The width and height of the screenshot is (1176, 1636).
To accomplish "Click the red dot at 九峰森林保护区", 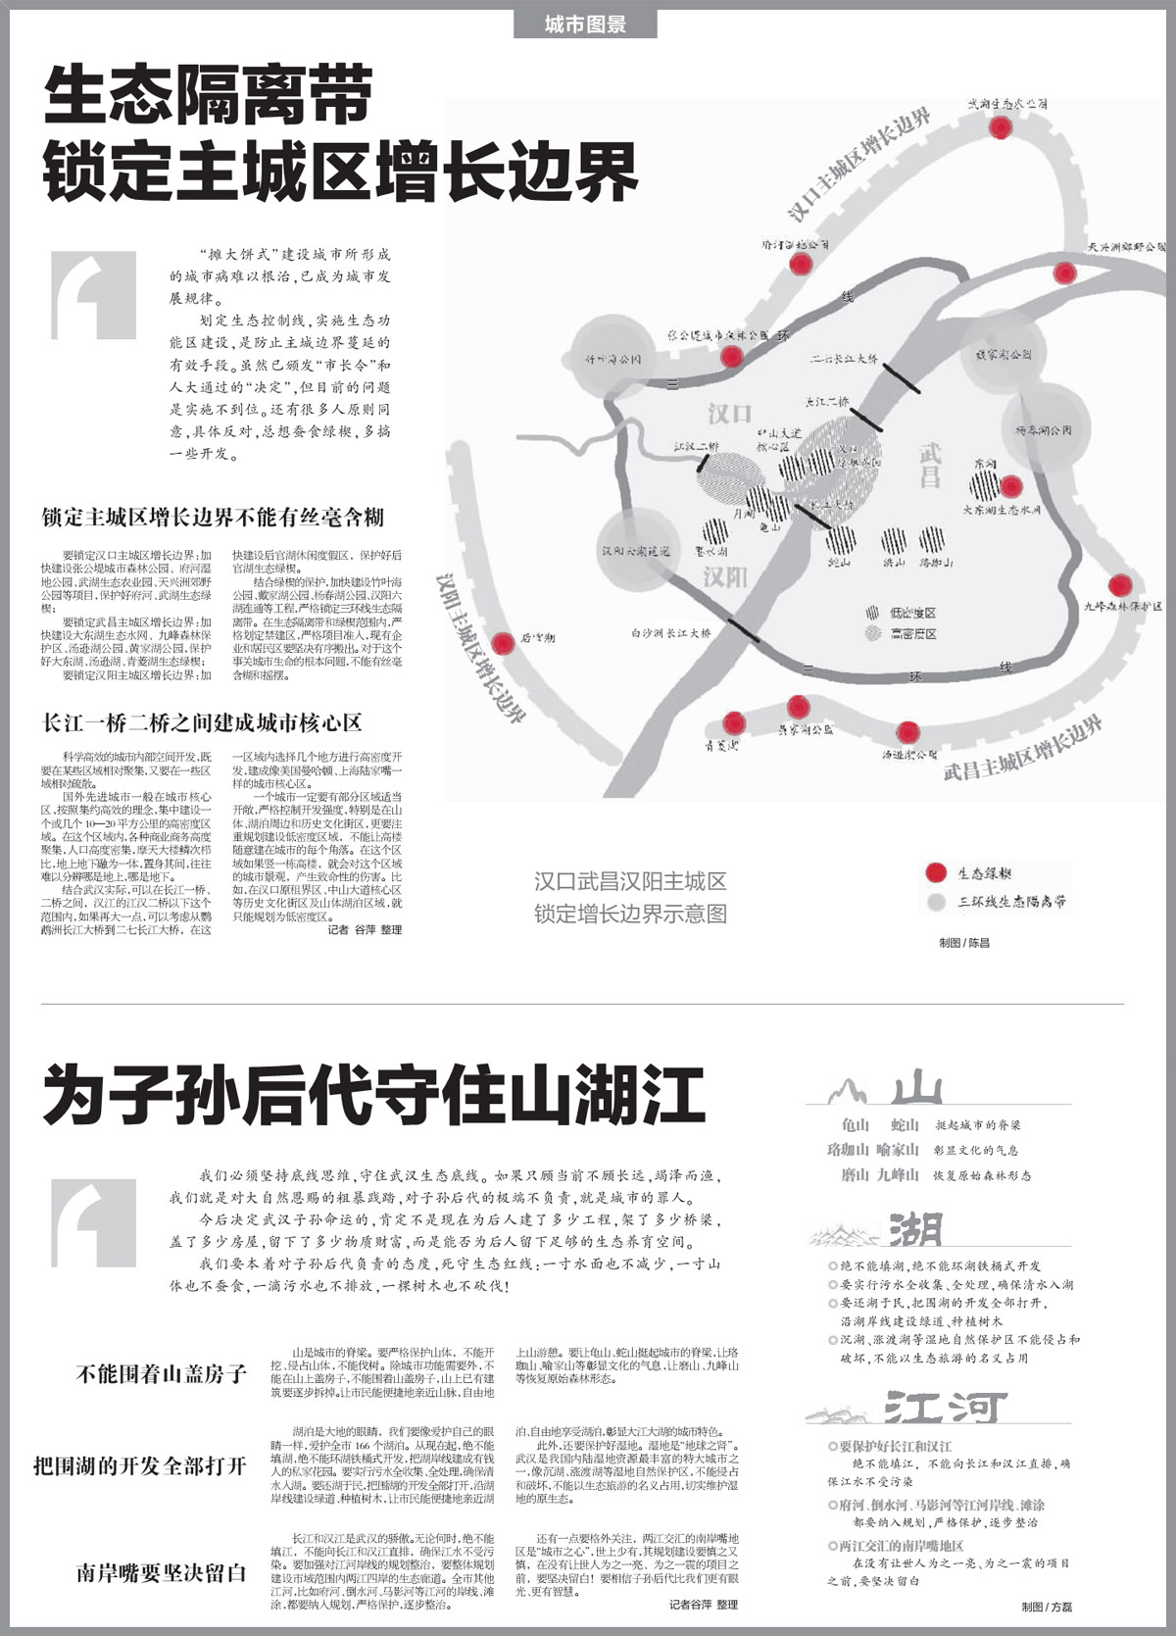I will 1119,585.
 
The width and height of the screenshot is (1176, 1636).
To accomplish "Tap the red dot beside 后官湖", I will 503,644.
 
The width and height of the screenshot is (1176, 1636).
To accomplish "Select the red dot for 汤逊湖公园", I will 908,731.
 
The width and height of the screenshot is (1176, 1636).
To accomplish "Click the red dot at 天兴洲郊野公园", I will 1064,272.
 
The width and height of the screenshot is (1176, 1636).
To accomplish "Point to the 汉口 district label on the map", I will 729,413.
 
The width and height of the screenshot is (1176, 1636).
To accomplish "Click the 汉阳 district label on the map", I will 724,576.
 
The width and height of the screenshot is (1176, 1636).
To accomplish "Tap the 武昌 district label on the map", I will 929,465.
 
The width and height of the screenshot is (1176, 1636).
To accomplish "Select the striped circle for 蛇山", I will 841,538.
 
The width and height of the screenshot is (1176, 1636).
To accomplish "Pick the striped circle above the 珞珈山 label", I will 931,538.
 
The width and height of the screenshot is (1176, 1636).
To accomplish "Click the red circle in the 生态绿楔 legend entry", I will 936,872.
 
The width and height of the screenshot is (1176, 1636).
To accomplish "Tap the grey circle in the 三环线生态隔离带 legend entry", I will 936,901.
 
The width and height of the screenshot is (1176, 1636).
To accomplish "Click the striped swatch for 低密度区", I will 872,613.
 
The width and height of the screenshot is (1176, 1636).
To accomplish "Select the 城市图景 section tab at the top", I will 585,25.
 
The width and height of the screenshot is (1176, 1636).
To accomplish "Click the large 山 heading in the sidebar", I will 917,1088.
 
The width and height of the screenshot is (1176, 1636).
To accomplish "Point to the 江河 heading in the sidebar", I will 945,1409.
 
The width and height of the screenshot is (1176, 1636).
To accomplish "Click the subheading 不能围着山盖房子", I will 161,1373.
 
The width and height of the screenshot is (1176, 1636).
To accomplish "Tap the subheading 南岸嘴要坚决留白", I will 161,1573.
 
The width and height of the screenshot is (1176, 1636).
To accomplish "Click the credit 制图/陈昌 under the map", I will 964,943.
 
